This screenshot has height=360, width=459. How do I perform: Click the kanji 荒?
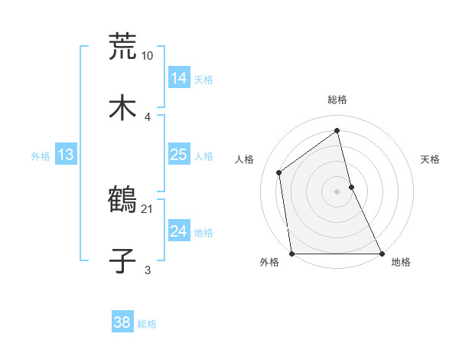click(x=122, y=47)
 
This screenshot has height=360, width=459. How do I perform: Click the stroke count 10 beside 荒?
click(x=147, y=56)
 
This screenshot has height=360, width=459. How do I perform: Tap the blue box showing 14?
click(x=178, y=78)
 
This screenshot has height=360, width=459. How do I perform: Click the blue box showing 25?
click(x=178, y=155)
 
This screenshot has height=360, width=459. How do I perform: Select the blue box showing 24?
click(x=178, y=231)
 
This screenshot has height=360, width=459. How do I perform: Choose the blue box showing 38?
click(x=122, y=322)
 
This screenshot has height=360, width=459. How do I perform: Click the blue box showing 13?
click(x=65, y=155)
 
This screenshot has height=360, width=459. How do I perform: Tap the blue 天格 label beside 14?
click(x=203, y=80)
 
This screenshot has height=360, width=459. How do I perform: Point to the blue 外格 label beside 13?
click(x=41, y=156)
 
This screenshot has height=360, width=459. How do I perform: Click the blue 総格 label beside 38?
click(x=147, y=324)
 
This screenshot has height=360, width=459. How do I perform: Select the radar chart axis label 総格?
click(x=337, y=100)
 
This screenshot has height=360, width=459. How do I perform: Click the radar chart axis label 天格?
click(x=431, y=159)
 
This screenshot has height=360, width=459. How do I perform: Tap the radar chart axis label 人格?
click(x=244, y=159)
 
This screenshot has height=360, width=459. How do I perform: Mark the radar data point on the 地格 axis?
click(x=381, y=254)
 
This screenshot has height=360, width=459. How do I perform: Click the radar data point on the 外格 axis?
click(x=291, y=254)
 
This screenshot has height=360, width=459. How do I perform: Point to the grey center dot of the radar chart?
click(x=337, y=191)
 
